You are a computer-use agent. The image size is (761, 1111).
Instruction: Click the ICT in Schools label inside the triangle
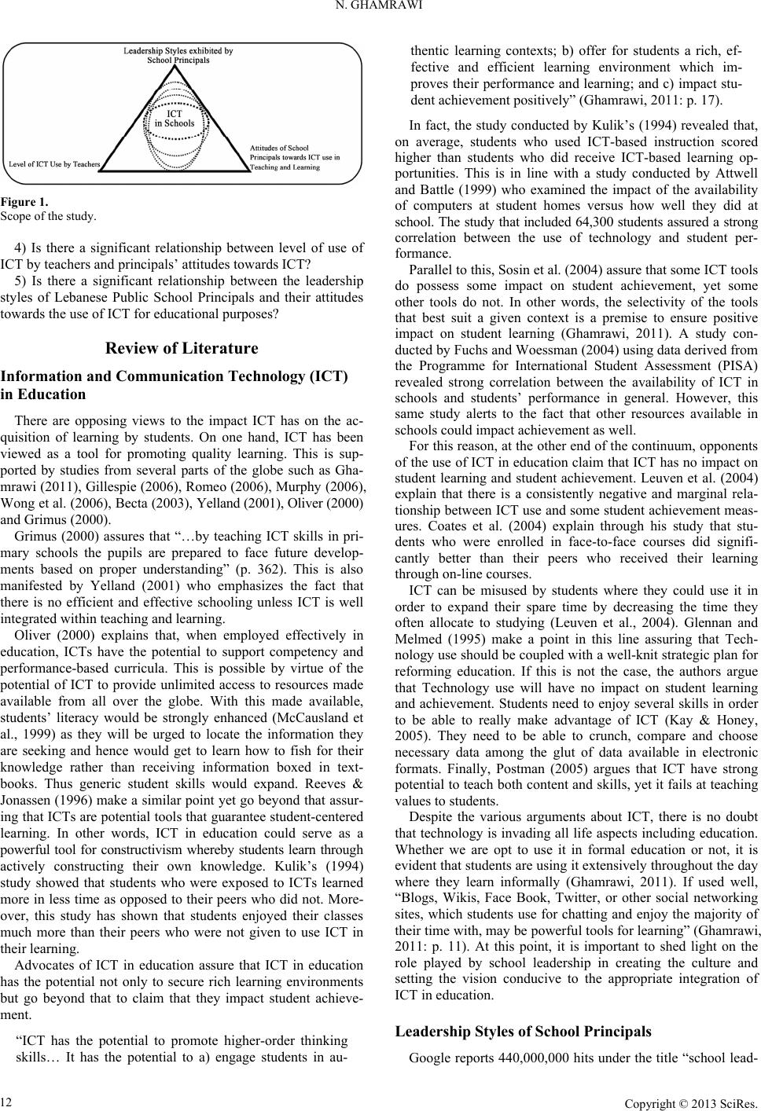coord(174,118)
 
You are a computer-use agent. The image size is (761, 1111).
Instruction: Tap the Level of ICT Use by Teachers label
coord(54,164)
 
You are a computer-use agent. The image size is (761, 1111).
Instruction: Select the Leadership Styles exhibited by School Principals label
coord(178,56)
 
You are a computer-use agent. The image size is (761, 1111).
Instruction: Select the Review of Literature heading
coord(182,348)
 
